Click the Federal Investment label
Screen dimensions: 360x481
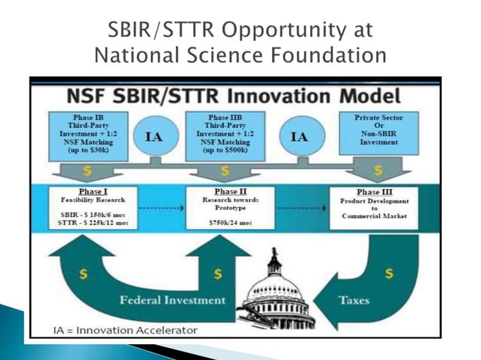click(x=171, y=300)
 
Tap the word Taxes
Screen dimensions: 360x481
click(x=354, y=299)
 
